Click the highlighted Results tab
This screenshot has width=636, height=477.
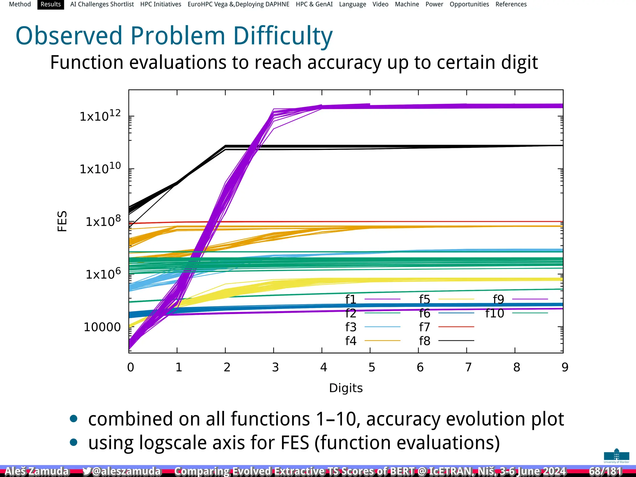tap(51, 4)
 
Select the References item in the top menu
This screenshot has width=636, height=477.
tap(511, 4)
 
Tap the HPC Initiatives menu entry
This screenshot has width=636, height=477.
tap(161, 4)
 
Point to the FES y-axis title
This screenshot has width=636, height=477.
tap(62, 221)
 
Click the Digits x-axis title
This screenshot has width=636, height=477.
tap(346, 388)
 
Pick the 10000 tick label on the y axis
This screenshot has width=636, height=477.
tap(102, 327)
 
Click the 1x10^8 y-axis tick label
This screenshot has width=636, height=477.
tap(103, 221)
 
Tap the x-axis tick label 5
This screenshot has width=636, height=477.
tap(372, 367)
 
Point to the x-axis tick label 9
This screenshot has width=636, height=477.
tap(565, 367)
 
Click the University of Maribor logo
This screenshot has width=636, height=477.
tap(616, 456)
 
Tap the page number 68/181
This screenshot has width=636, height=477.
tap(605, 471)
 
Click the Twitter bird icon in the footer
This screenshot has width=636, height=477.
tap(87, 471)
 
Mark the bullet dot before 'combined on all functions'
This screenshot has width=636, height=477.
tap(74, 419)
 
